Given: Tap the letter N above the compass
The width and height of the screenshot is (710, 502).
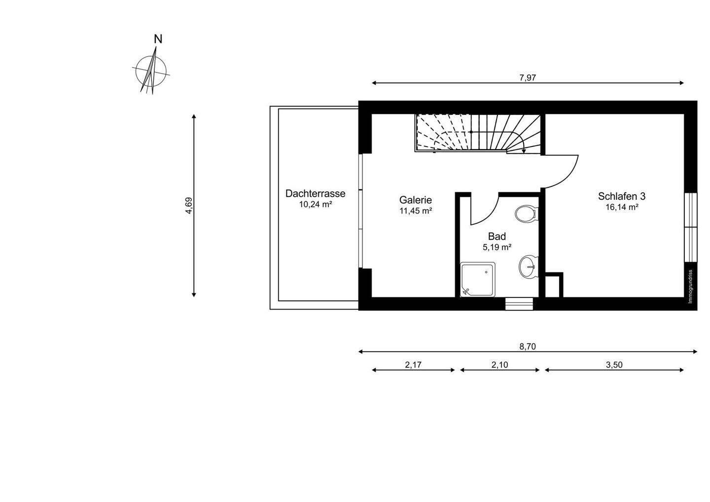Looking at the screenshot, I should [158, 39].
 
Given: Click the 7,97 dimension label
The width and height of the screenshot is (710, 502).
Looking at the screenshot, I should [528, 77].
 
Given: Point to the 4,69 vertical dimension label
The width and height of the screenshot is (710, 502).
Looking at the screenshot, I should [189, 205].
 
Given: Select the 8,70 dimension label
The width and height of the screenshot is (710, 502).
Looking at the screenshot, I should [528, 346].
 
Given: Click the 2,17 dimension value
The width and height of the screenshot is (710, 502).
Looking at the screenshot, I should [413, 365].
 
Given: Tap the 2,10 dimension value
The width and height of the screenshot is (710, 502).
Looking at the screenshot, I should [499, 365].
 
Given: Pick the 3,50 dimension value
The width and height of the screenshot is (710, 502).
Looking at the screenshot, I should [614, 365].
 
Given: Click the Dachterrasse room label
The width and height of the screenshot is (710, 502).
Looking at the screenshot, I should [315, 194].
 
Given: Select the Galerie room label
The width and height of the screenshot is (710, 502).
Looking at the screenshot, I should [416, 200].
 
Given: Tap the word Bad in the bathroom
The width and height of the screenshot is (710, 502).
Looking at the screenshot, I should [497, 237].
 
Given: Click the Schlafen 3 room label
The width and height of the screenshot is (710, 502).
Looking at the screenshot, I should [622, 196].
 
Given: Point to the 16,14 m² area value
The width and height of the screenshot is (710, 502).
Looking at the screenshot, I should [622, 208].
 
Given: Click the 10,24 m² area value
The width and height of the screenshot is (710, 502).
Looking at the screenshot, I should [315, 205].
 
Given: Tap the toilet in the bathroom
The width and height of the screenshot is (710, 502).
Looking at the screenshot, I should [526, 215].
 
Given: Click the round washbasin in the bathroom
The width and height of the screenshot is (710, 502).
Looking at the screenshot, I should [528, 267].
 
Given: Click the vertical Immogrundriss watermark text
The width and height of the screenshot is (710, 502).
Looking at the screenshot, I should [691, 286].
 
